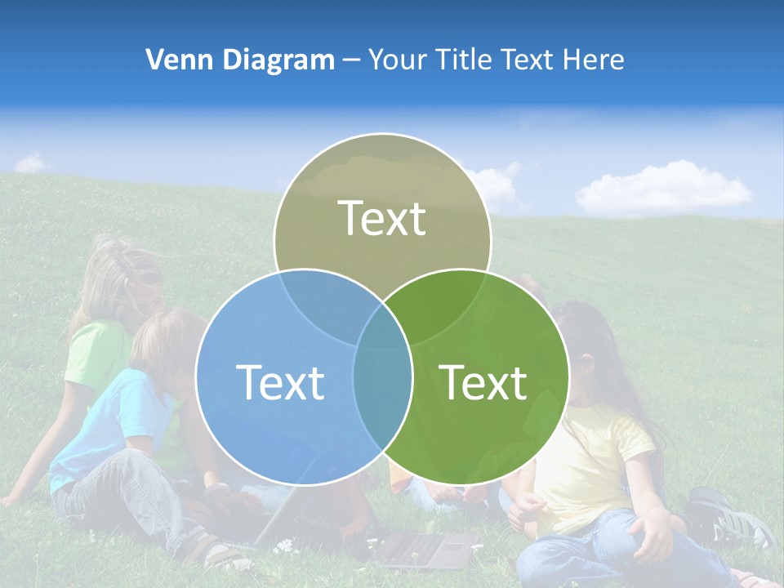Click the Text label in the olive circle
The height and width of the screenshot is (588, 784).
[x=382, y=218]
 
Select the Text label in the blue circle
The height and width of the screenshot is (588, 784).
[x=280, y=381]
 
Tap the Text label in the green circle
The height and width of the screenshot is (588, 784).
[x=483, y=381]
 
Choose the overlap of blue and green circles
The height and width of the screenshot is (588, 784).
[x=382, y=384]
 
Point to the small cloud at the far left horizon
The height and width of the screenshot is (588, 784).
[x=31, y=163]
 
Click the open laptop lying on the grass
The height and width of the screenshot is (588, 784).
[x=425, y=549]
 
